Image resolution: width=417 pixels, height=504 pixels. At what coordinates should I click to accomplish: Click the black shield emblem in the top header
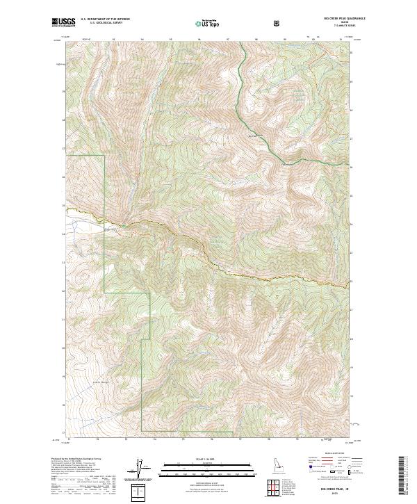click(x=279, y=24)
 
